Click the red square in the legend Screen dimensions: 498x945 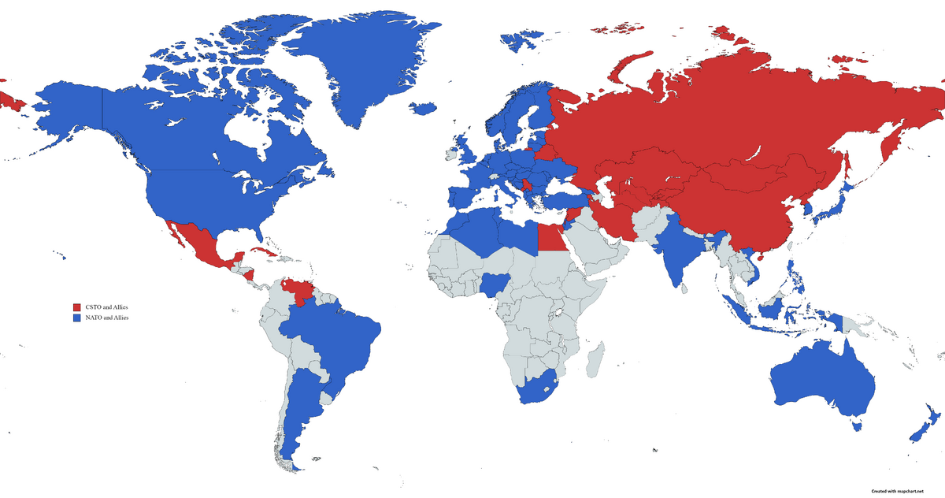coord(77,307)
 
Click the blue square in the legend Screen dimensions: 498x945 coord(77,318)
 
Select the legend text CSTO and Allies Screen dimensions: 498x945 coord(106,307)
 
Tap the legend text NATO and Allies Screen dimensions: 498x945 coord(106,318)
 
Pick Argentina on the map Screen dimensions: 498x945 coord(295,410)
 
